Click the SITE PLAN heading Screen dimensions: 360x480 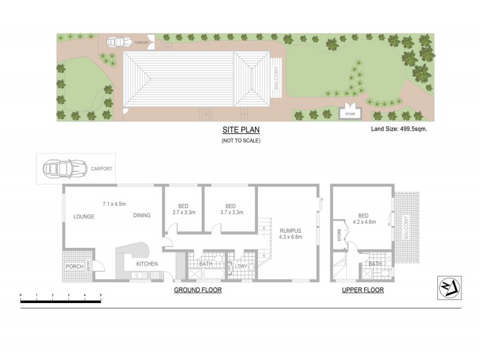pyautogui.click(x=240, y=130)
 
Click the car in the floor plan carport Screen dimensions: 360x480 pyautogui.click(x=63, y=169)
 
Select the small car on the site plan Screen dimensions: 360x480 pyautogui.click(x=119, y=42)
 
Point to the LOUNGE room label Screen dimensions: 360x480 pyautogui.click(x=84, y=216)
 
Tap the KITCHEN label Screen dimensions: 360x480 pyautogui.click(x=146, y=264)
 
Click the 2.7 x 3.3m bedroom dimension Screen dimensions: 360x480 pyautogui.click(x=183, y=212)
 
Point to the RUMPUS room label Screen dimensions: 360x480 pyautogui.click(x=290, y=230)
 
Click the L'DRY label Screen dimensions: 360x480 pyautogui.click(x=242, y=266)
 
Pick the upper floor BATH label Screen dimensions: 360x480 pyautogui.click(x=375, y=264)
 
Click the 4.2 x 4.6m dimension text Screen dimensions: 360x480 pyautogui.click(x=363, y=221)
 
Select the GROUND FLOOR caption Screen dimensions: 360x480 pyautogui.click(x=198, y=290)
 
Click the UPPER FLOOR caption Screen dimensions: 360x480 pyautogui.click(x=363, y=290)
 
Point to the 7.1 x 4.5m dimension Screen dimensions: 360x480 pyautogui.click(x=114, y=204)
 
